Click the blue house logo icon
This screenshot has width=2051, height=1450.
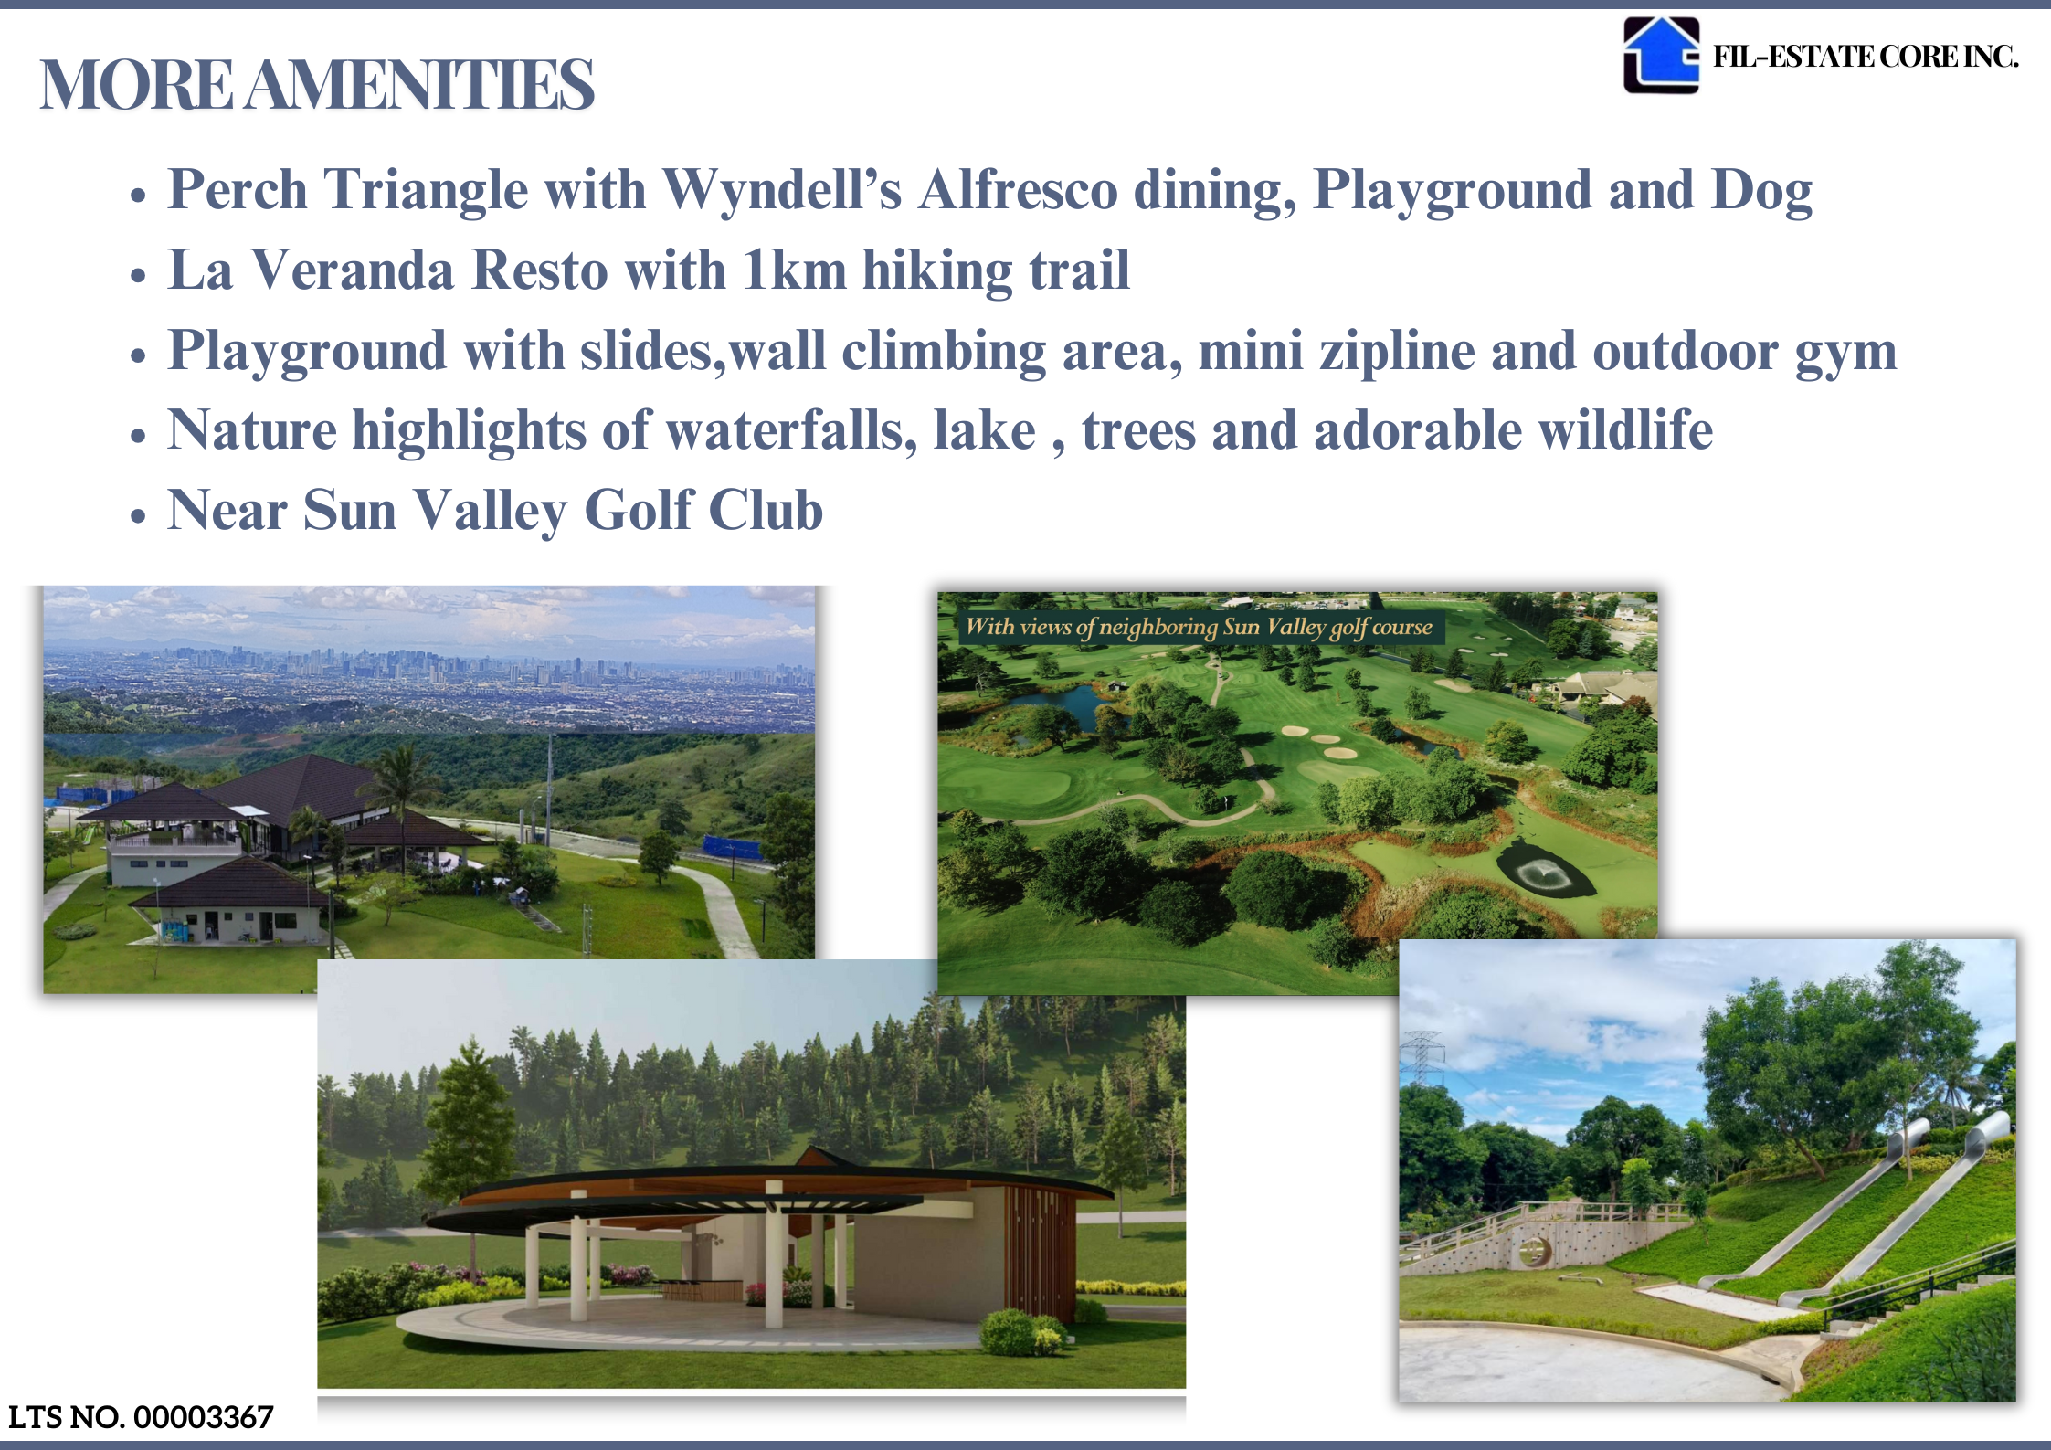coord(1660,55)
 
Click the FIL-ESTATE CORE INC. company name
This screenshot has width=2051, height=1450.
coord(1865,57)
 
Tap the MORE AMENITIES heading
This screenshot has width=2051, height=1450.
coord(317,84)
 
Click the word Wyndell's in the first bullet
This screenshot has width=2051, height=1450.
coord(782,189)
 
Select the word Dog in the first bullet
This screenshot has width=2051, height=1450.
coord(1761,191)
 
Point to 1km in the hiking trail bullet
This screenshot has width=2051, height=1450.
coord(795,270)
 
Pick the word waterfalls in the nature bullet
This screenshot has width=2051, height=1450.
coord(791,430)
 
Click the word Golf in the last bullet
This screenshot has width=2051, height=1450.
coord(639,510)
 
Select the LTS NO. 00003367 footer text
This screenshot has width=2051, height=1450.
coord(141,1417)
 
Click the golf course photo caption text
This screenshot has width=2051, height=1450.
coord(1199,627)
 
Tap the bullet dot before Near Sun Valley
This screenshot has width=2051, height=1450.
coord(138,514)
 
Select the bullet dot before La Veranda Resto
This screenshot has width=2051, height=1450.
coord(138,274)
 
